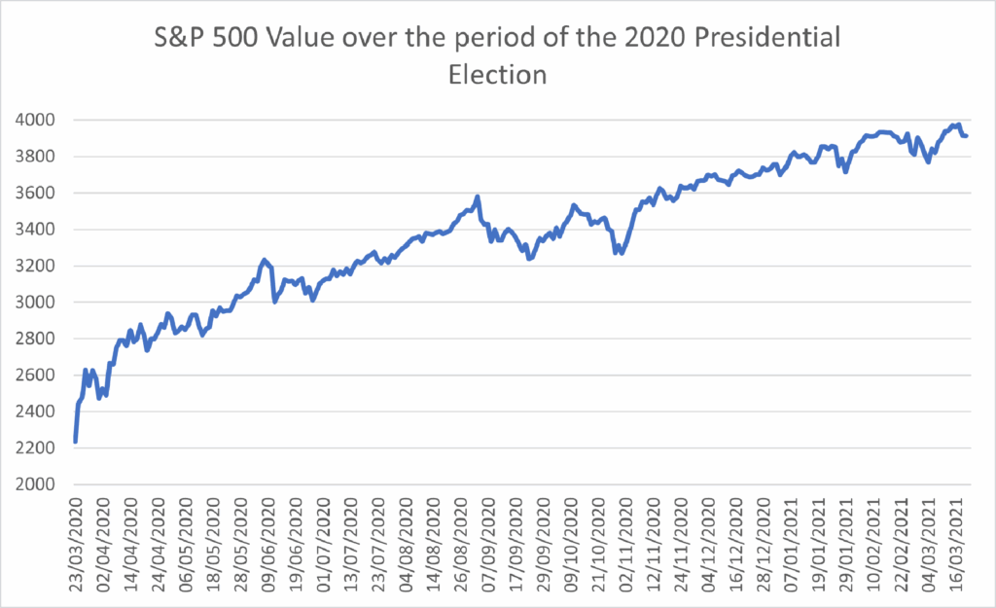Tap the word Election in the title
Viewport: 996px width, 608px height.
[x=496, y=74]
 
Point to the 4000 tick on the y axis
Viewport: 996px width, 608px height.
[x=37, y=120]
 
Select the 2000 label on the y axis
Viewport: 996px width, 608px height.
[x=37, y=484]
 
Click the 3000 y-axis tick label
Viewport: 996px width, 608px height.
[x=37, y=303]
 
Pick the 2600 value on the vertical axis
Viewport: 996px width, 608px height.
[x=37, y=376]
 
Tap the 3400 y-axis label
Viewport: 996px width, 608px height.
[x=37, y=230]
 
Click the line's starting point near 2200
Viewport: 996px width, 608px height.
[x=75, y=442]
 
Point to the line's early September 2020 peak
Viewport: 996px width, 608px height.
[x=478, y=197]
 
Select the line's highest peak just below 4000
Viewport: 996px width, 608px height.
[x=957, y=125]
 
